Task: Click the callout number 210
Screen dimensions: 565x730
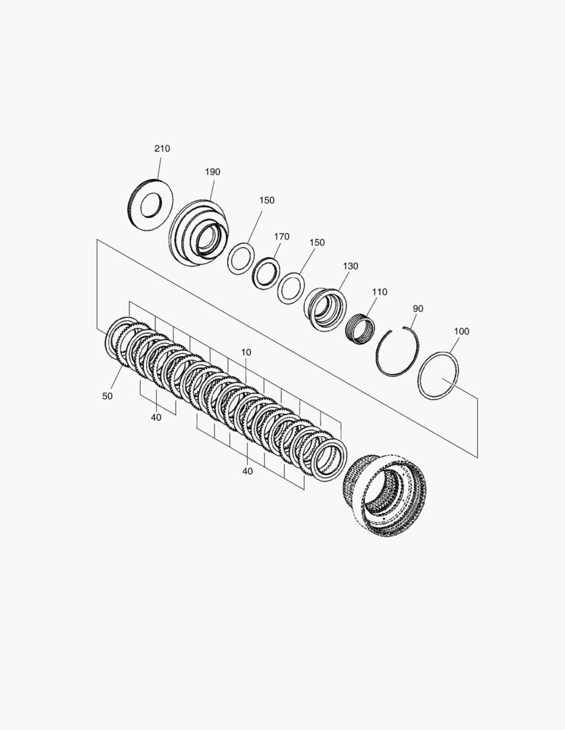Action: (162, 149)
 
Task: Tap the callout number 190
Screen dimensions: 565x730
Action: (212, 172)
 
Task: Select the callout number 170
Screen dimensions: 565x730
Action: (281, 237)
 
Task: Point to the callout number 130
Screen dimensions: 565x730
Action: (351, 266)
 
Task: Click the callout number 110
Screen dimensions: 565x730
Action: (380, 292)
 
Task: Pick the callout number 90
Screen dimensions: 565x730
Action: (418, 309)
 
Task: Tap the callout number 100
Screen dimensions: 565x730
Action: (461, 331)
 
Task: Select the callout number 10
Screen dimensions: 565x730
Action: (246, 352)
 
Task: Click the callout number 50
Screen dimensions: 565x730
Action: (107, 396)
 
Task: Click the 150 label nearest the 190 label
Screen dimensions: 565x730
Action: (267, 200)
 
